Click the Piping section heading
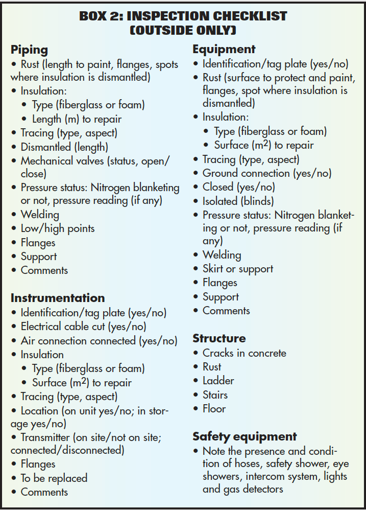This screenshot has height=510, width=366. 29,50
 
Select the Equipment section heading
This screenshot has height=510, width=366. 224,50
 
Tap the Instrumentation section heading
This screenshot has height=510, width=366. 58,298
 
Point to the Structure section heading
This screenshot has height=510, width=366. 219,338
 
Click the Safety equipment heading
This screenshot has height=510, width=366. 245,436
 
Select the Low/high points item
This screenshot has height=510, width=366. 57,228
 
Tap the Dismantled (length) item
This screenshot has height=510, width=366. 64,147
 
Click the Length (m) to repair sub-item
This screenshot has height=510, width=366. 77,119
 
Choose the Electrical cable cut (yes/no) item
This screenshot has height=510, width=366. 83,326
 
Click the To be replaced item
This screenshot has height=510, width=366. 54,478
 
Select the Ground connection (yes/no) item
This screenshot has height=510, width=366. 266,173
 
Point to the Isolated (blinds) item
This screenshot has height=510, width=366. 238,201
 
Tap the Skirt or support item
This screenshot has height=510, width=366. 237,269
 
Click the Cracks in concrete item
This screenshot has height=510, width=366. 244,353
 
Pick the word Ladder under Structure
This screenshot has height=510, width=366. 218,381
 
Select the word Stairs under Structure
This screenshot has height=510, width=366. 215,395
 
